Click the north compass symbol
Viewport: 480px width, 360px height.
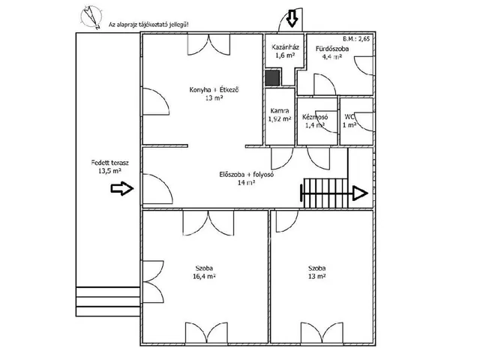pos(91,16)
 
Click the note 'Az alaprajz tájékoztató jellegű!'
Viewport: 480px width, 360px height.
pos(148,25)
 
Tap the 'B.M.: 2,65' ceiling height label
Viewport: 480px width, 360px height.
pos(356,39)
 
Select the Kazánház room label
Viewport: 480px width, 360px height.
pos(285,47)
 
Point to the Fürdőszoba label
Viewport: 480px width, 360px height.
pos(332,49)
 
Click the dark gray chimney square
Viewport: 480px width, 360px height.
pos(272,78)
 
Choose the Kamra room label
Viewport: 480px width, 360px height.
pos(280,111)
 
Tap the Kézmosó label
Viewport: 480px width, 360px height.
pos(315,117)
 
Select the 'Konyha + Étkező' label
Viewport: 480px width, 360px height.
pos(214,90)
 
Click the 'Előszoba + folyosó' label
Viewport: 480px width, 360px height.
pos(247,175)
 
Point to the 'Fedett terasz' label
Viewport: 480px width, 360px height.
pos(110,163)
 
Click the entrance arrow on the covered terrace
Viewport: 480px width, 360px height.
pos(122,188)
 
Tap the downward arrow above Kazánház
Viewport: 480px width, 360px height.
pos(292,18)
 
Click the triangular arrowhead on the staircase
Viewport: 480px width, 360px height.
pos(361,193)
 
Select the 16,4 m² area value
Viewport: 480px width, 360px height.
pos(204,277)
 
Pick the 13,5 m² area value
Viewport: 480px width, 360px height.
pos(109,171)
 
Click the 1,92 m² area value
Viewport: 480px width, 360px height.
pos(280,118)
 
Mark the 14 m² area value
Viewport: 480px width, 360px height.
pos(247,183)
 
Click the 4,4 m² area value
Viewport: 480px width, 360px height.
pos(332,57)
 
